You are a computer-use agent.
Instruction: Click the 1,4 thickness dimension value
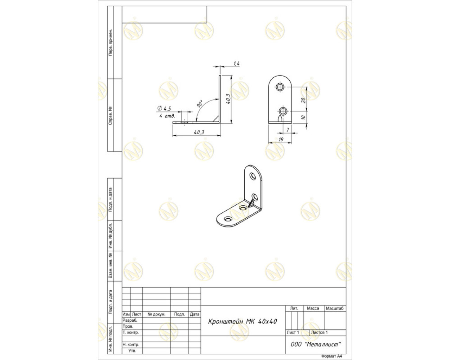237,64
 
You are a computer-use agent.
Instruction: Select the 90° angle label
200,104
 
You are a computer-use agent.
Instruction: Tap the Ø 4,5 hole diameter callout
164,108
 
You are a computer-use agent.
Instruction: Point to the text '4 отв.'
167,116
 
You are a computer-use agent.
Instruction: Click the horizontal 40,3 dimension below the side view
199,132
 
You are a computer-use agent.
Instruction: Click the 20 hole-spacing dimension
304,100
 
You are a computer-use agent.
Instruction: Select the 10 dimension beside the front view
304,117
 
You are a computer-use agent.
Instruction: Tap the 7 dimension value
288,130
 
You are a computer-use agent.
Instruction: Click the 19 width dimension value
281,139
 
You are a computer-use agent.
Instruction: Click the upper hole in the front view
280,87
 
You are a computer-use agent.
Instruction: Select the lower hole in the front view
283,111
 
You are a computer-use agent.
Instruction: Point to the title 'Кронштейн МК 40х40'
243,322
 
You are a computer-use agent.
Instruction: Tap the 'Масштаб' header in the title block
335,308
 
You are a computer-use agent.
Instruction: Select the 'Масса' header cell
313,308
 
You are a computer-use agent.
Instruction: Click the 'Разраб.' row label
130,320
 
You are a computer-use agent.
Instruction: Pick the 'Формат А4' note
332,356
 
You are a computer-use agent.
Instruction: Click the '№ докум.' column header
156,314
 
